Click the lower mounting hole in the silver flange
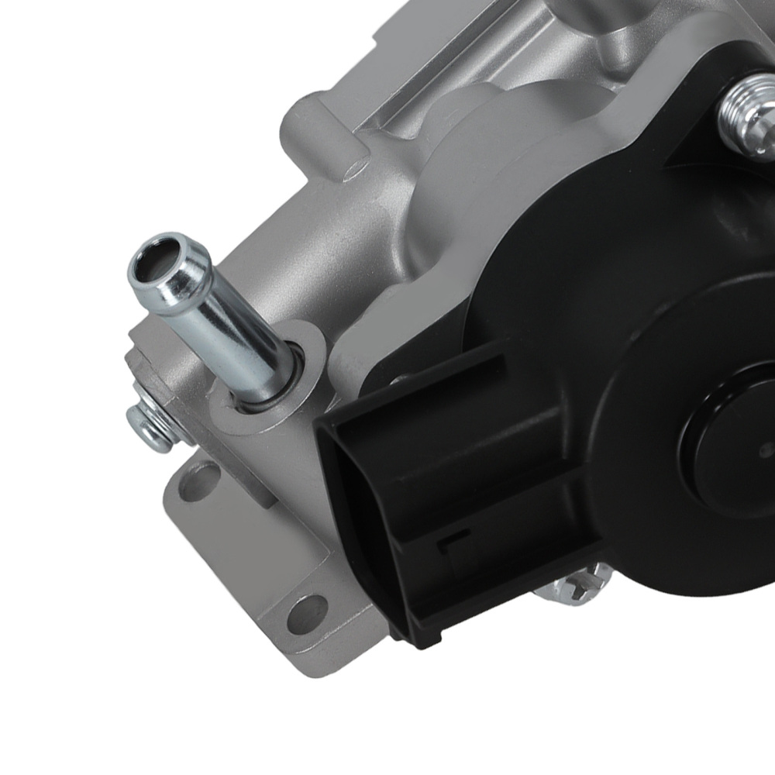(308, 607)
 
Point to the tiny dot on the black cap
(766, 446)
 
